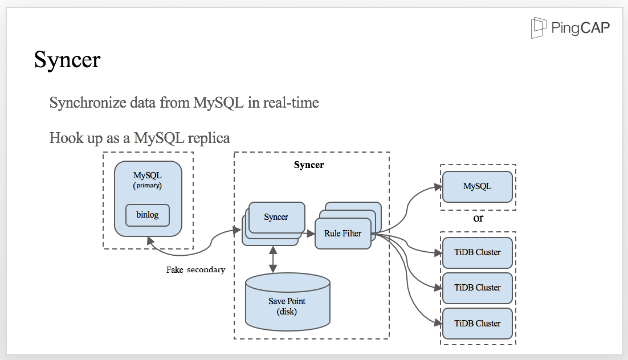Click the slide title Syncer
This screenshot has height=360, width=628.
(x=67, y=59)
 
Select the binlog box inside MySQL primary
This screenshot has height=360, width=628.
(x=148, y=215)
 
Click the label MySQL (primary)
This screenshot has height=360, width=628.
(x=148, y=179)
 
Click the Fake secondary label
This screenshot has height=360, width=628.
(x=195, y=269)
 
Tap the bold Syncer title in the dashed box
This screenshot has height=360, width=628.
(x=309, y=165)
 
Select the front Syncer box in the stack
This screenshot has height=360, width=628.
(x=276, y=217)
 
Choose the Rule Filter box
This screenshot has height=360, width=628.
(x=342, y=234)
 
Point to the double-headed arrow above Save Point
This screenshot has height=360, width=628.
(x=274, y=259)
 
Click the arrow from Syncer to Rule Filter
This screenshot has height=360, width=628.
(x=309, y=233)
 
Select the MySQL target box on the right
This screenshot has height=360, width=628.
(x=477, y=186)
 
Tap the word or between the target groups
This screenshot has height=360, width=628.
(x=478, y=218)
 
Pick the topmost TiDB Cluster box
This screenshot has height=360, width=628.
(x=477, y=252)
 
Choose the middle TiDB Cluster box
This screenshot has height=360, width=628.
(x=477, y=288)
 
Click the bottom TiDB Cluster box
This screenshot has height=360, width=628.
(x=477, y=324)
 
